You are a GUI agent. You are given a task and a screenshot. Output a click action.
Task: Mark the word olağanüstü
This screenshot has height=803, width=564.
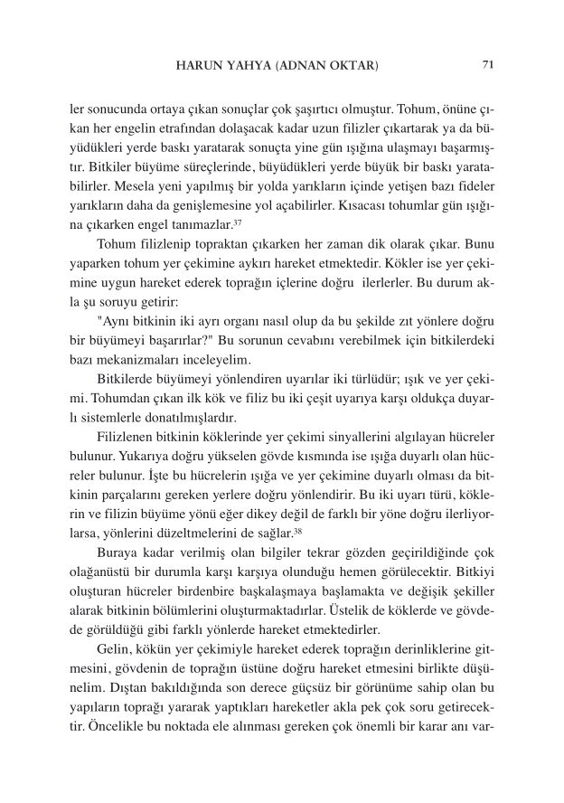point(104,573)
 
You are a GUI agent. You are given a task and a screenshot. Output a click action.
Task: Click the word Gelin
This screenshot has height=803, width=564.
point(116,650)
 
